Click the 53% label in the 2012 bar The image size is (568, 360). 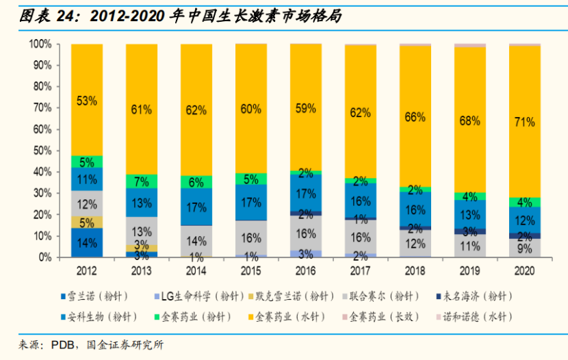click(x=87, y=101)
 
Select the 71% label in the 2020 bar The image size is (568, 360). click(x=524, y=123)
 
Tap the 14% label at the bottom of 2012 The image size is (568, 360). click(x=87, y=242)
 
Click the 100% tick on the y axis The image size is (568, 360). click(x=39, y=44)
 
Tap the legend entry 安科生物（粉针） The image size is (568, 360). click(x=103, y=317)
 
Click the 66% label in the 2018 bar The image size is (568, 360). click(x=415, y=116)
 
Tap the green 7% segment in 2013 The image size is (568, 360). click(x=142, y=181)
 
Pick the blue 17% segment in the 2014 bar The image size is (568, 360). click(x=196, y=207)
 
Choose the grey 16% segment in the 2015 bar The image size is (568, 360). click(x=250, y=237)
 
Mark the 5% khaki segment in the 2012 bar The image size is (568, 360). click(x=87, y=222)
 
